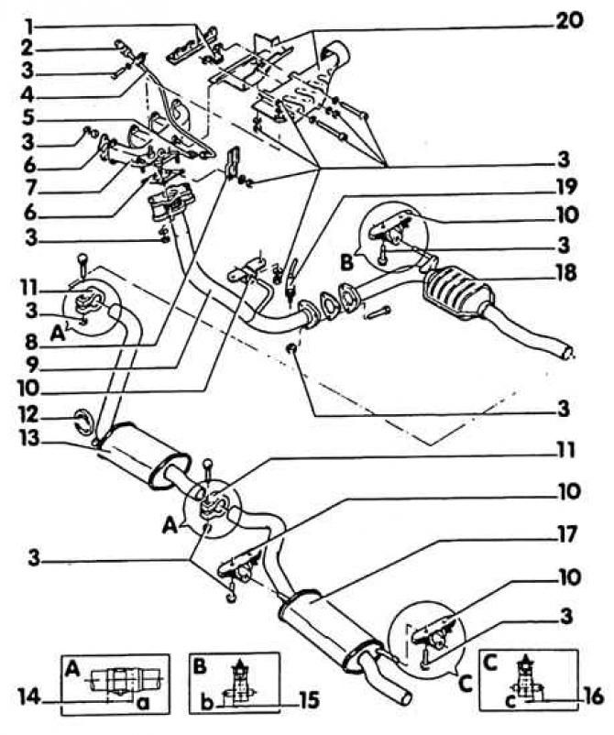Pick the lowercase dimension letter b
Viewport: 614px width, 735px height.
point(207,702)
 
